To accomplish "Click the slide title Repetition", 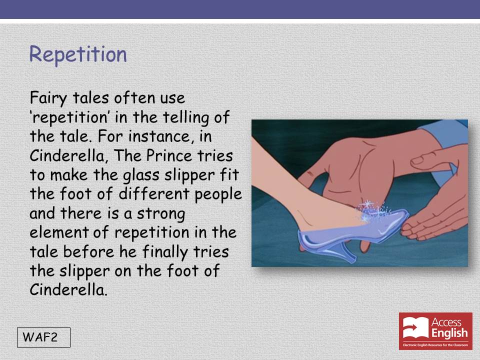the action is pyautogui.click(x=78, y=55).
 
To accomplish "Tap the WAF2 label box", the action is pyautogui.click(x=44, y=337).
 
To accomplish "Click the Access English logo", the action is pyautogui.click(x=435, y=331).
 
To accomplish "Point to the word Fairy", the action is pyautogui.click(x=48, y=98).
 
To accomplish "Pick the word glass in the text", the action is pyautogui.click(x=141, y=175).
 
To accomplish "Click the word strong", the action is pyautogui.click(x=160, y=214).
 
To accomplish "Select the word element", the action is pyautogui.click(x=59, y=232).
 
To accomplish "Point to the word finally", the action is pyautogui.click(x=164, y=252).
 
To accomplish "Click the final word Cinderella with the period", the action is pyautogui.click(x=68, y=289).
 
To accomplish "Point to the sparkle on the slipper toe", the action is pyautogui.click(x=372, y=210).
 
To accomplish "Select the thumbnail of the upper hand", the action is pyautogui.click(x=421, y=160).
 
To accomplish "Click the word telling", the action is pyautogui.click(x=186, y=118).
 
